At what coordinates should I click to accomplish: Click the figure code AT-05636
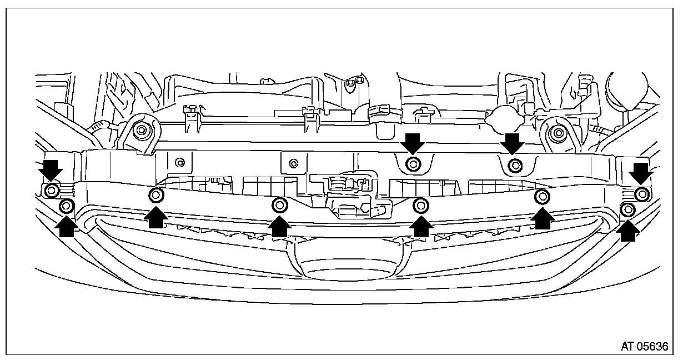click(644, 347)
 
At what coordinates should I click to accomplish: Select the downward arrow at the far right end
click(642, 173)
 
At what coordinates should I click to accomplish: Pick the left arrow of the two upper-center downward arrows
click(413, 143)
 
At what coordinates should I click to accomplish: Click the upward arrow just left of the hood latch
click(279, 226)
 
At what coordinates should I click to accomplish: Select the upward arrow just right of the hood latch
click(421, 226)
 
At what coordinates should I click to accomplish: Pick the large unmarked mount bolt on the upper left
click(143, 131)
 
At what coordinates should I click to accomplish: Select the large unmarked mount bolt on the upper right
click(558, 133)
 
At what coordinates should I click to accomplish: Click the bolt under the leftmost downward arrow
click(51, 191)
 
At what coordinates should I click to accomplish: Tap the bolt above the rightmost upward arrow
click(628, 209)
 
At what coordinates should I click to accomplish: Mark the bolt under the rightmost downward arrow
click(642, 194)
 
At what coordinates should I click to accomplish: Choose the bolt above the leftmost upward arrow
click(66, 206)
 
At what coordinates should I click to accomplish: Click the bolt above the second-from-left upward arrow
click(156, 195)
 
